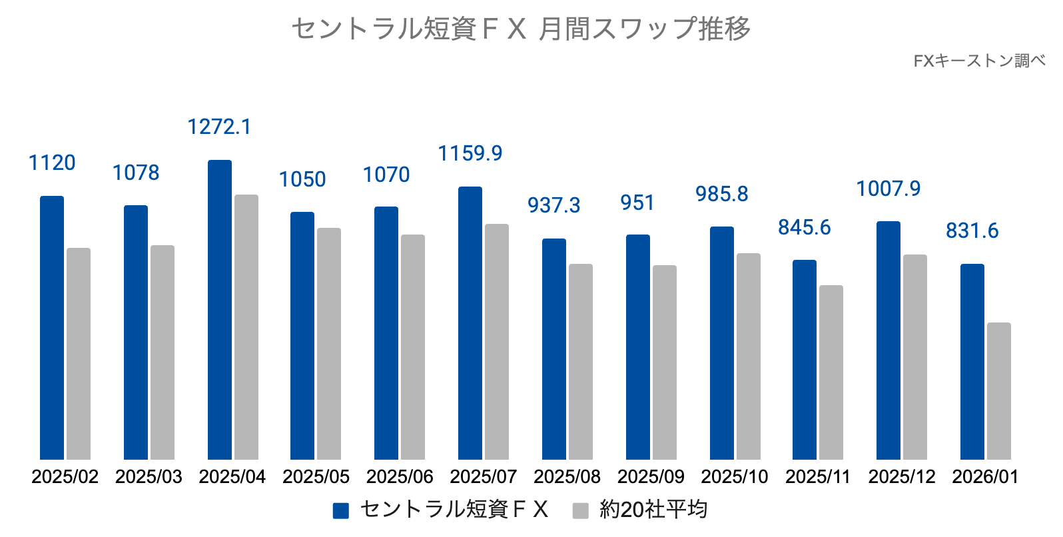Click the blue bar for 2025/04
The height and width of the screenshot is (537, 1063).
(x=220, y=310)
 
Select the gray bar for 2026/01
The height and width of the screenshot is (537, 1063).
(x=998, y=391)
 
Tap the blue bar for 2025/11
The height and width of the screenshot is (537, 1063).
(x=804, y=360)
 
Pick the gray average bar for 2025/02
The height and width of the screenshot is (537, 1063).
(x=79, y=354)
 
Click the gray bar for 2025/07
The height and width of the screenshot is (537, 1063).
(x=497, y=342)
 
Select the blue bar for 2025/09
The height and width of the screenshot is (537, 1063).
(x=637, y=347)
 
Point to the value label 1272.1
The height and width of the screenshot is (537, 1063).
(x=219, y=127)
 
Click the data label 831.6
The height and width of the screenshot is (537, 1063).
(x=972, y=231)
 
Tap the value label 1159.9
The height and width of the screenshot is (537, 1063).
(x=470, y=153)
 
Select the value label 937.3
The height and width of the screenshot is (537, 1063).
(x=553, y=205)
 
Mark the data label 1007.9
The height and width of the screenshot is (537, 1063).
(x=888, y=189)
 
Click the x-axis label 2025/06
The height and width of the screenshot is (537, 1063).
(x=400, y=477)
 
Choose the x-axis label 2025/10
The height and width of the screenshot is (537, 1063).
(x=734, y=477)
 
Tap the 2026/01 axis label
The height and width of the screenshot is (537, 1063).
(x=985, y=477)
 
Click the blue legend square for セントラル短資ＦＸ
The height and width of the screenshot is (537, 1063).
(x=341, y=510)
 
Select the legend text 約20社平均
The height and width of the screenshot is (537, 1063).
(x=653, y=510)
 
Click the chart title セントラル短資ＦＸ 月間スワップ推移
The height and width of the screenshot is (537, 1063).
(x=521, y=29)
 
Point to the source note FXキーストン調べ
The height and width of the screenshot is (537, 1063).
(x=978, y=61)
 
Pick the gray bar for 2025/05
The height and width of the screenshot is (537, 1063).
(x=329, y=344)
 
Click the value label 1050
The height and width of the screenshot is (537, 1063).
(x=302, y=179)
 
